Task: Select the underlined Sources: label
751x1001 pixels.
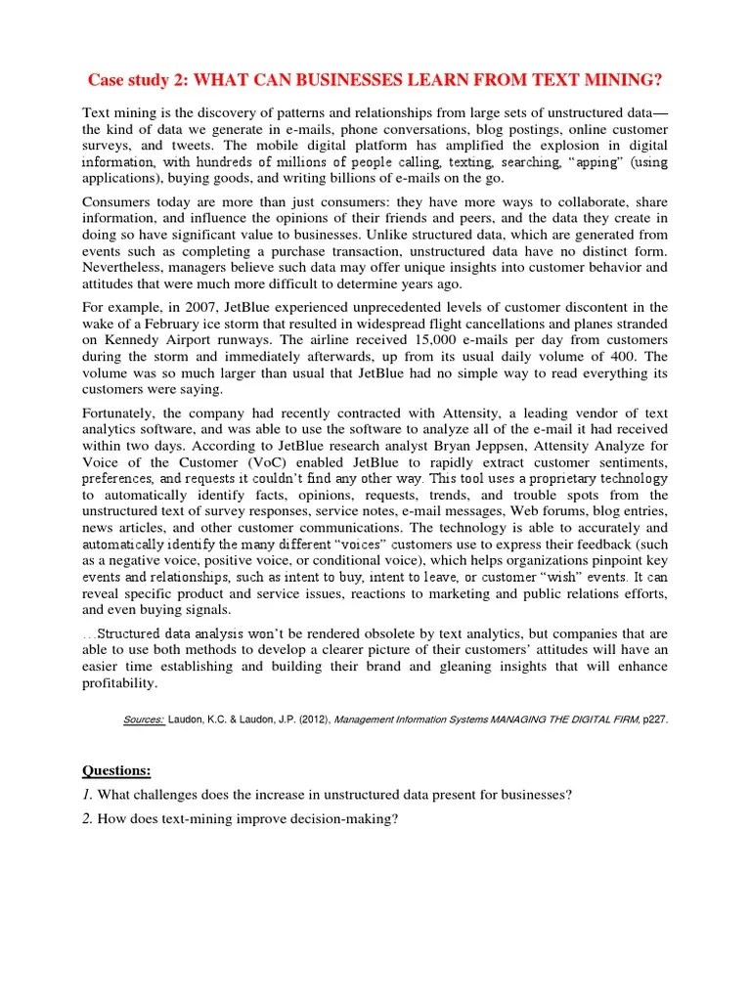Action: click(144, 718)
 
